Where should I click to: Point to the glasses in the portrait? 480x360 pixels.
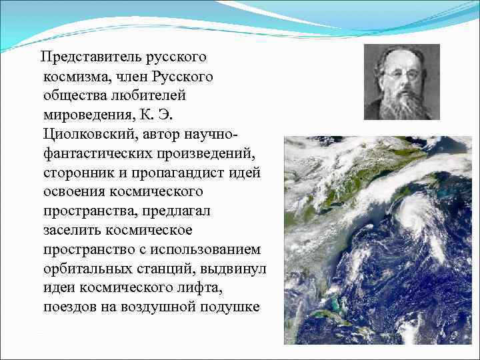coord(401,74)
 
